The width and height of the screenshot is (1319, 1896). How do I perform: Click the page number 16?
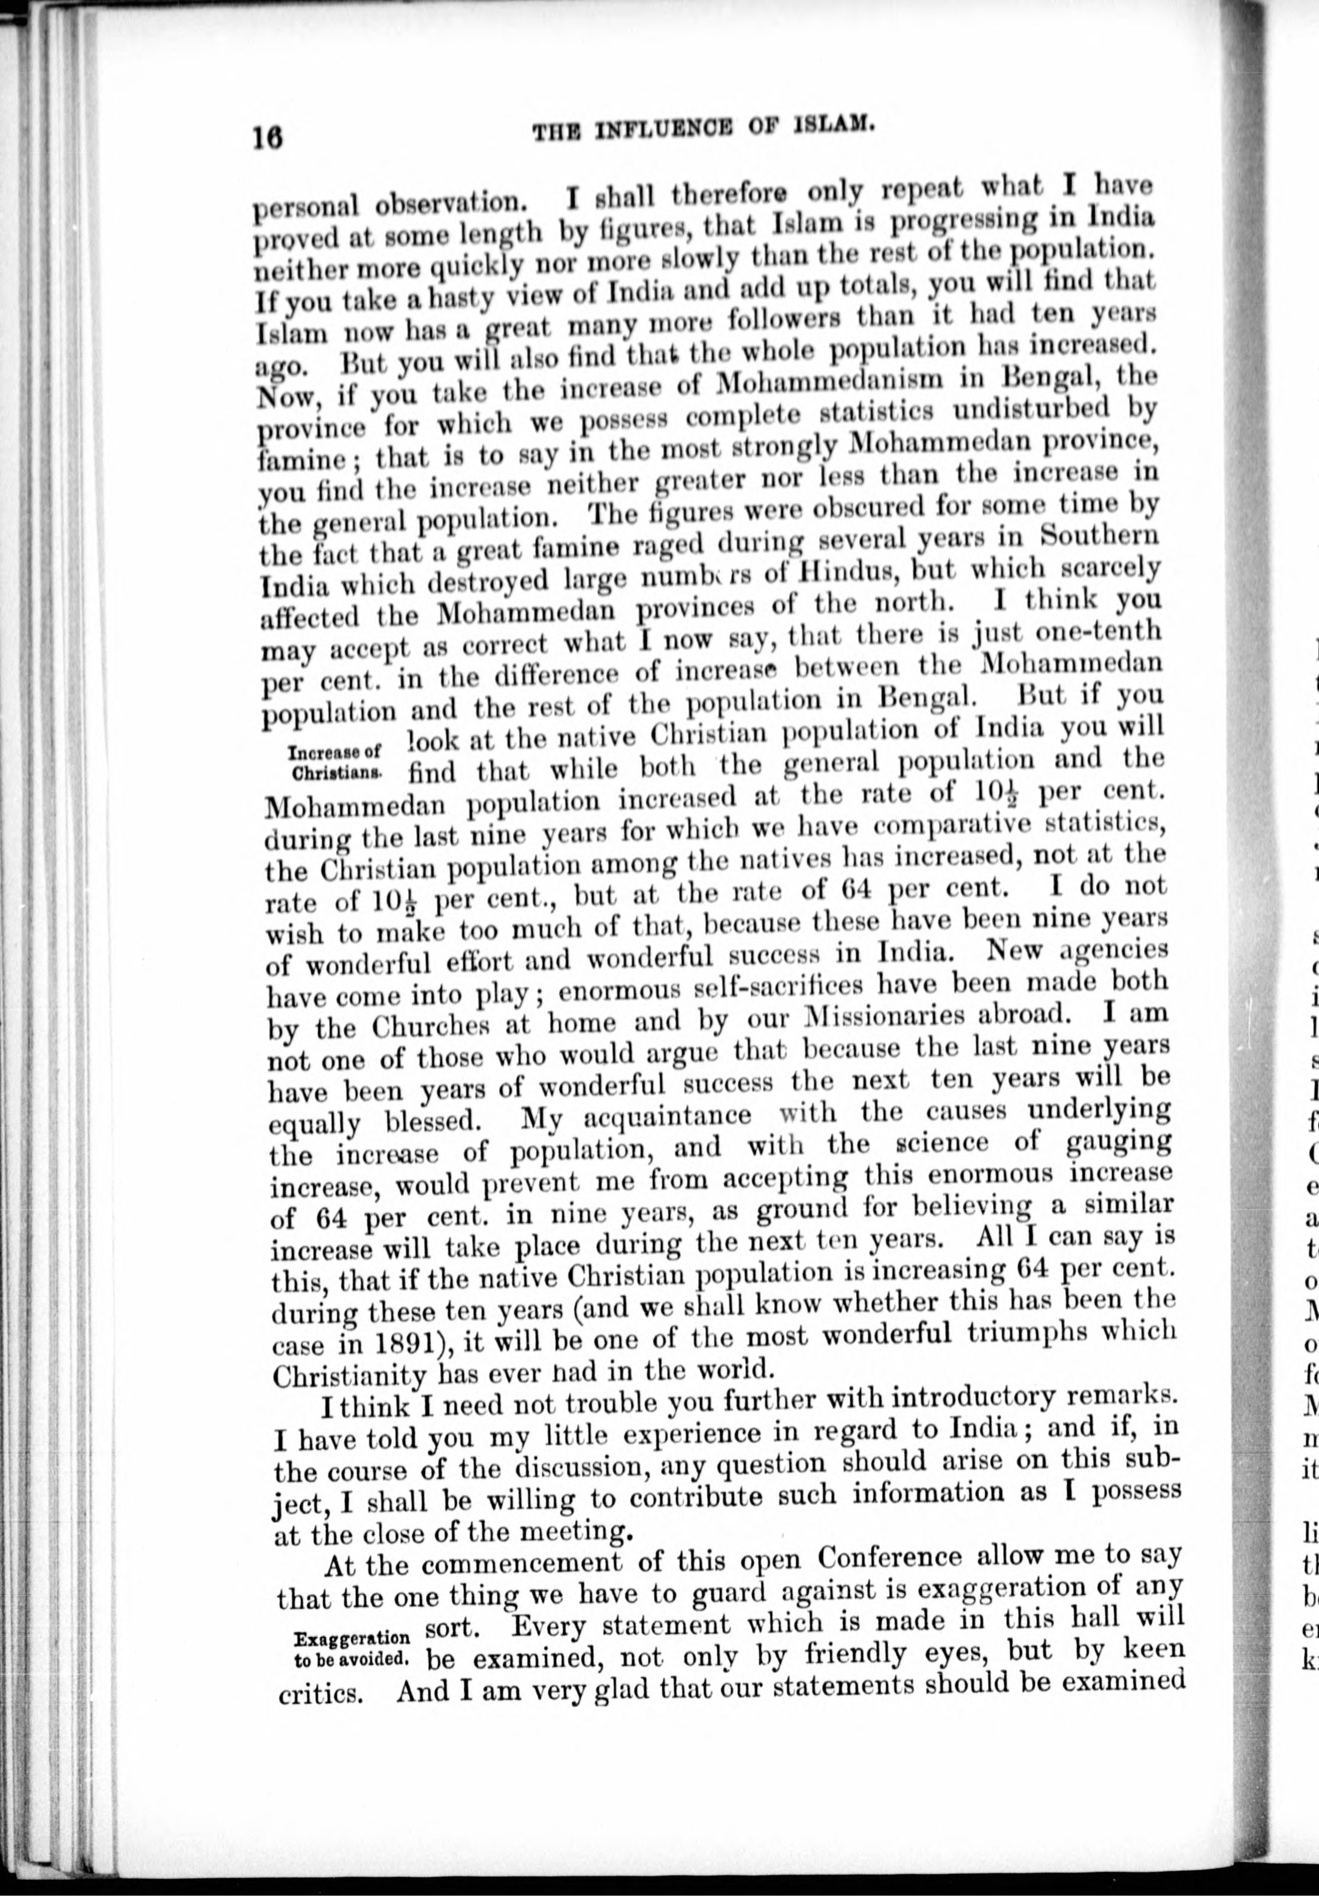pos(269,135)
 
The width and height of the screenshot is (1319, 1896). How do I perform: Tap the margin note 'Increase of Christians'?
pos(334,762)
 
